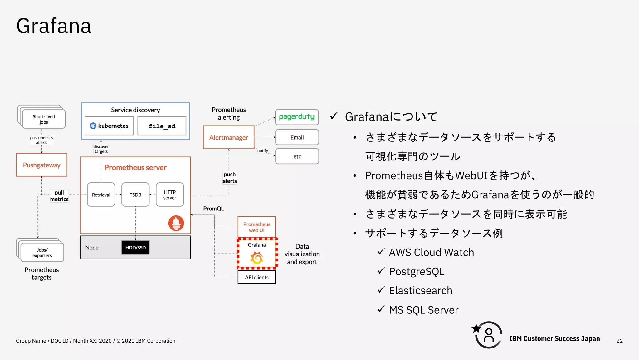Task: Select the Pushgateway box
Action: coord(41,165)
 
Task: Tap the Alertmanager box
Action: coord(228,137)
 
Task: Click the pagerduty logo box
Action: coord(297,117)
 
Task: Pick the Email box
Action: coord(297,137)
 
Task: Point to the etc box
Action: coord(297,156)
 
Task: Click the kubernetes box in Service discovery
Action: coord(109,126)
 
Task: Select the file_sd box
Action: coord(162,126)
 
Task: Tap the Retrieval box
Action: coord(101,195)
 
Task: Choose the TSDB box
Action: coord(135,195)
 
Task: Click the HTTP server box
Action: coord(170,195)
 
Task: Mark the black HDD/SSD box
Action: coord(135,248)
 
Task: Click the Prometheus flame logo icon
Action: coord(176,223)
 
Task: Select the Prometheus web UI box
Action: coord(256,227)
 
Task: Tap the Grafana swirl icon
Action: coord(256,258)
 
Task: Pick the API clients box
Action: coord(256,277)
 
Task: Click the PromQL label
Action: coord(213,209)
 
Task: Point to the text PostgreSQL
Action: coord(417,272)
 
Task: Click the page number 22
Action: coord(620,341)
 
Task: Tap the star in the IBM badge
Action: coord(476,328)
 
